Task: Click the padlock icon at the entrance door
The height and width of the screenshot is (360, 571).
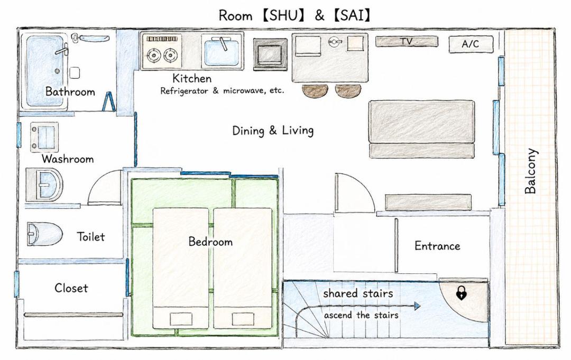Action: (462, 293)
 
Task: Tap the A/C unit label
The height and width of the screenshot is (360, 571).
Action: (471, 44)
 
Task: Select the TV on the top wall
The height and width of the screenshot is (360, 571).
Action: (407, 41)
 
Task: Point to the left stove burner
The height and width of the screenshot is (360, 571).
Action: (154, 56)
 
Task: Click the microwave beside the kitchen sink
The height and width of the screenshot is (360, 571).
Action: (270, 54)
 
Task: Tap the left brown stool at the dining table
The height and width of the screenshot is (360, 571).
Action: (314, 91)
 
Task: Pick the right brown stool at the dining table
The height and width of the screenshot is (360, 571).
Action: (348, 91)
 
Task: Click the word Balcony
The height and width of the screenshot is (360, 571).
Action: (531, 171)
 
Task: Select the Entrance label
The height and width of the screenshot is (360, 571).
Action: (437, 246)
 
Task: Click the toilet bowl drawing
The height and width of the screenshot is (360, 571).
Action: (44, 234)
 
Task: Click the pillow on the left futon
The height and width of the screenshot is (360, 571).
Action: (181, 319)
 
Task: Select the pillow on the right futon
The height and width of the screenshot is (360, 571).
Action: (243, 319)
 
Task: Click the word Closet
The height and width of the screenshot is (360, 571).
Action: (71, 288)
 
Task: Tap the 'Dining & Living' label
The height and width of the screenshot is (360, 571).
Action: (273, 131)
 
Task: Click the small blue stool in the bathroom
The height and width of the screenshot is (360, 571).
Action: (108, 101)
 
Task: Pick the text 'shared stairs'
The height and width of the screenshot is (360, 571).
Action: (358, 293)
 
